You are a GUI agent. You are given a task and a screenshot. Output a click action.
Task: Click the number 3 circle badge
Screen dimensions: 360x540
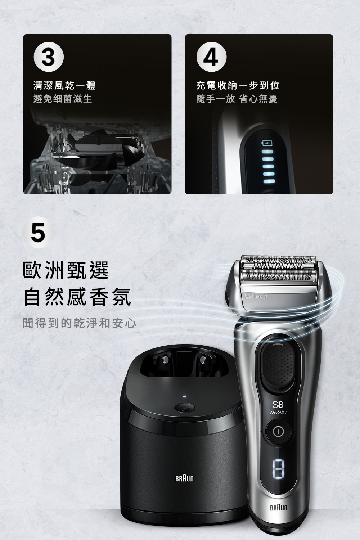click(49, 57)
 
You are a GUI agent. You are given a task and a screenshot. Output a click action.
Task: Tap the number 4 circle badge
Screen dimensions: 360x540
click(211, 57)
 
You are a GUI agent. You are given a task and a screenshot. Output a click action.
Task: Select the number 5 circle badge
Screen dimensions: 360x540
click(38, 233)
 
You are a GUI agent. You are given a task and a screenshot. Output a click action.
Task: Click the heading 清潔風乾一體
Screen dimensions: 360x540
click(64, 85)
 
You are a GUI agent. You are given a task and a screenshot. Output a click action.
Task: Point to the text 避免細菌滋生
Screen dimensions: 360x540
click(63, 99)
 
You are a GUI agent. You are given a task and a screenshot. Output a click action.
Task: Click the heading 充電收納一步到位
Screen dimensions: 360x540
click(238, 85)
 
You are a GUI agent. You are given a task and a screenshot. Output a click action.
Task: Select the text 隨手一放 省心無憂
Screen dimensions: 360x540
click(237, 99)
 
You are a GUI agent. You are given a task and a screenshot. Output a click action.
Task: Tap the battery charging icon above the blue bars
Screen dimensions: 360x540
click(267, 144)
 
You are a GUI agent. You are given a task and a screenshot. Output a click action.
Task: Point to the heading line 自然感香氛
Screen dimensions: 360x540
click(77, 297)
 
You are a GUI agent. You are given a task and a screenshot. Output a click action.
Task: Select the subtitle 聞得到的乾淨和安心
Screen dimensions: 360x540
click(79, 323)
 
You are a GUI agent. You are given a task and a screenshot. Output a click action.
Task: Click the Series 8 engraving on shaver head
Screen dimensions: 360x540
click(256, 296)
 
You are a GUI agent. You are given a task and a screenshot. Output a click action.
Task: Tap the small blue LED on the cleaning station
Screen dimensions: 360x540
click(184, 396)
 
